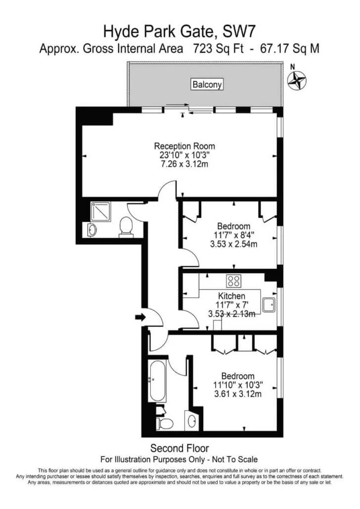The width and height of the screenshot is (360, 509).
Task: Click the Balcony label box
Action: pyautogui.click(x=207, y=85)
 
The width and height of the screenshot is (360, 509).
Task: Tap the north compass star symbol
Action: pyautogui.click(x=297, y=80)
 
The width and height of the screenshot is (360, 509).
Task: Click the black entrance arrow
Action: pyautogui.click(x=140, y=317)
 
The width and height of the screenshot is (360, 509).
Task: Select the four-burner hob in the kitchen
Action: pyautogui.click(x=233, y=281)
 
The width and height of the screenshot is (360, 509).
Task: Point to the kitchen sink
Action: pyautogui.click(x=269, y=305)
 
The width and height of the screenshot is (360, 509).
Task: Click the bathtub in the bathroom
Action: pyautogui.click(x=157, y=381)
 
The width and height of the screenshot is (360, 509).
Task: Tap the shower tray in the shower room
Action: pyautogui.click(x=101, y=212)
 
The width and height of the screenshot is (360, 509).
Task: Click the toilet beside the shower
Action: pyautogui.click(x=126, y=227)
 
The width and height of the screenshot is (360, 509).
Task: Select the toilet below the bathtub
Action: pyautogui.click(x=164, y=423)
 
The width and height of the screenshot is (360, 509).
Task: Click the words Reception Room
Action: pyautogui.click(x=184, y=146)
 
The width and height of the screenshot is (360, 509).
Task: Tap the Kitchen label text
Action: pyautogui.click(x=231, y=296)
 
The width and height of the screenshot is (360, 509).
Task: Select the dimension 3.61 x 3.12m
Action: pyautogui.click(x=238, y=394)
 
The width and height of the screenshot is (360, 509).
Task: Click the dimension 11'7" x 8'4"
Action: pyautogui.click(x=233, y=235)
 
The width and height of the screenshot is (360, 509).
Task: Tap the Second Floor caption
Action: pyautogui.click(x=180, y=448)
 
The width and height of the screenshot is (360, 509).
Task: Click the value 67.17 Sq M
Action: pyautogui.click(x=290, y=49)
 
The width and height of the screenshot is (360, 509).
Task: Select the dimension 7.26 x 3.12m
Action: pyautogui.click(x=184, y=164)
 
